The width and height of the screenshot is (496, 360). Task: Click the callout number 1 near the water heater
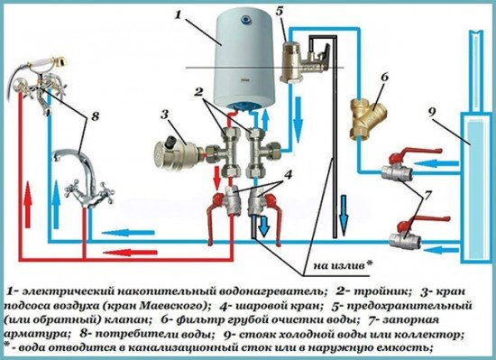pyautogui.click(x=179, y=14)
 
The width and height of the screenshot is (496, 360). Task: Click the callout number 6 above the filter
pyautogui.click(x=385, y=78)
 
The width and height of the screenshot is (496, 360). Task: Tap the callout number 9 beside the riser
pyautogui.click(x=432, y=112)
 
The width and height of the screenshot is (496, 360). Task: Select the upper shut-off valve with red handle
pyautogui.click(x=409, y=165)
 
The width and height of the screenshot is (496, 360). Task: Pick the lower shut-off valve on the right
pyautogui.click(x=417, y=233)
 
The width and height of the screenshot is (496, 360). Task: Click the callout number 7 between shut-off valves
pyautogui.click(x=427, y=196)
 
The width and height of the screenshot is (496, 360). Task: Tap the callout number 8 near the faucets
pyautogui.click(x=95, y=116)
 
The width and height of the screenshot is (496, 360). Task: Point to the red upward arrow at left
pyautogui.click(x=28, y=204)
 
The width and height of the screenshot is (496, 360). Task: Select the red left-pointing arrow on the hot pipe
pyautogui.click(x=130, y=253)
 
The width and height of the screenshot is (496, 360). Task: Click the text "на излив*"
pyautogui.click(x=343, y=265)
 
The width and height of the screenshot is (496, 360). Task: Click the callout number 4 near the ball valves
pyautogui.click(x=288, y=175)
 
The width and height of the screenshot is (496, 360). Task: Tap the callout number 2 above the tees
pyautogui.click(x=198, y=92)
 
